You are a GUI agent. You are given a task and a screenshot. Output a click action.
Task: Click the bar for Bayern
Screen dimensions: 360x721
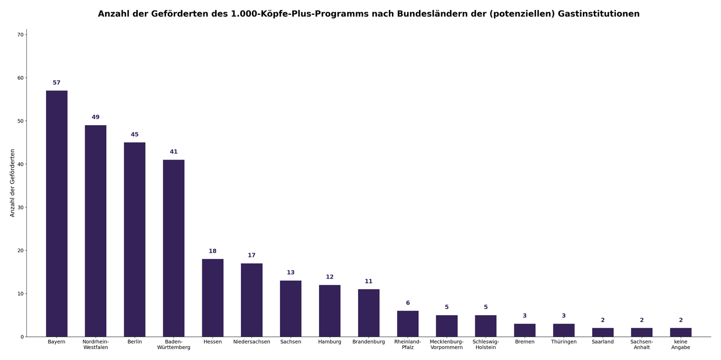pyautogui.click(x=57, y=214)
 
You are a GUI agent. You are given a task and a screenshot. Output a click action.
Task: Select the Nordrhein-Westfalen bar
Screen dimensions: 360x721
pyautogui.click(x=96, y=231)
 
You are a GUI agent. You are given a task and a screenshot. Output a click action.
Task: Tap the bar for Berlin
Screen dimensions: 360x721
pyautogui.click(x=135, y=240)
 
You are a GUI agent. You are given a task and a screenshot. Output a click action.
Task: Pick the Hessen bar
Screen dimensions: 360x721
pyautogui.click(x=213, y=298)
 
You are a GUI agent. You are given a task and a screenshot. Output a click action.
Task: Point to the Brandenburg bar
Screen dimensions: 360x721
pyautogui.click(x=369, y=313)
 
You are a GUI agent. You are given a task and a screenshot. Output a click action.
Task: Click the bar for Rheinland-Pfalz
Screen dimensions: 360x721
pyautogui.click(x=408, y=324)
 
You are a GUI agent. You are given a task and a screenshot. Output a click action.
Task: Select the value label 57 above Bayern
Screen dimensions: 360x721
pyautogui.click(x=57, y=83)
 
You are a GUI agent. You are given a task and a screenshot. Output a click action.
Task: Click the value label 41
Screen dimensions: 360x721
pyautogui.click(x=174, y=152)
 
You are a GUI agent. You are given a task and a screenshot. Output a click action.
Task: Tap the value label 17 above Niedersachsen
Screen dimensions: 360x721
pyautogui.click(x=251, y=255)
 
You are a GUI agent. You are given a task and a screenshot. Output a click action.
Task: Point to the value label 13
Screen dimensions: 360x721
pyautogui.click(x=291, y=273)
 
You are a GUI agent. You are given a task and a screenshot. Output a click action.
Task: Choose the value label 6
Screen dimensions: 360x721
pyautogui.click(x=408, y=303)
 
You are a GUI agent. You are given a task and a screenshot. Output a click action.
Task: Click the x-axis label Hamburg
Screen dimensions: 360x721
pyautogui.click(x=330, y=342)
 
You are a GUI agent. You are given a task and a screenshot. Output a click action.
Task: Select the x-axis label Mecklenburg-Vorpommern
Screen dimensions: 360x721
pyautogui.click(x=447, y=345)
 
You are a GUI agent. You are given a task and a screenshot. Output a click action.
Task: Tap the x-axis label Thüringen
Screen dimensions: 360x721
pyautogui.click(x=564, y=342)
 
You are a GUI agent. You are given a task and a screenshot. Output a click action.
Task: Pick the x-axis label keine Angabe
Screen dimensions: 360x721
pyautogui.click(x=681, y=345)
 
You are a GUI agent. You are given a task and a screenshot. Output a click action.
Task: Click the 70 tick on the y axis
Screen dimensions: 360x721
pyautogui.click(x=21, y=35)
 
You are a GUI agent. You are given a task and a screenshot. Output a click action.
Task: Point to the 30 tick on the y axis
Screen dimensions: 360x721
pyautogui.click(x=21, y=207)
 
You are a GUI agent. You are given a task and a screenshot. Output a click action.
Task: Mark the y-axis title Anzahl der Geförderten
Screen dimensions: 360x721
pyautogui.click(x=13, y=183)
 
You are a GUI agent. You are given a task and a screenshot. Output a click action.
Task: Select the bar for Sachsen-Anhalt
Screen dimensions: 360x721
pyautogui.click(x=642, y=333)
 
